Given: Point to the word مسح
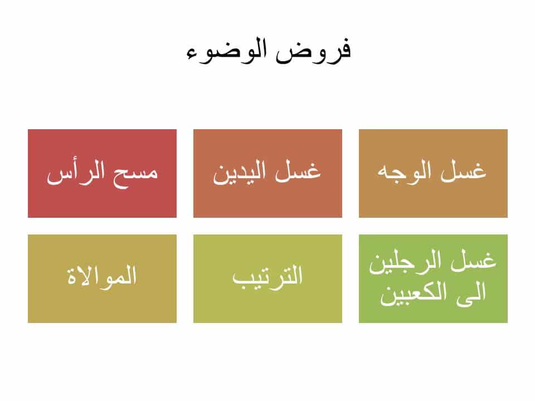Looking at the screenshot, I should pos(139,172).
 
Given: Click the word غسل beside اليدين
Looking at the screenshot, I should pos(301,172).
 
